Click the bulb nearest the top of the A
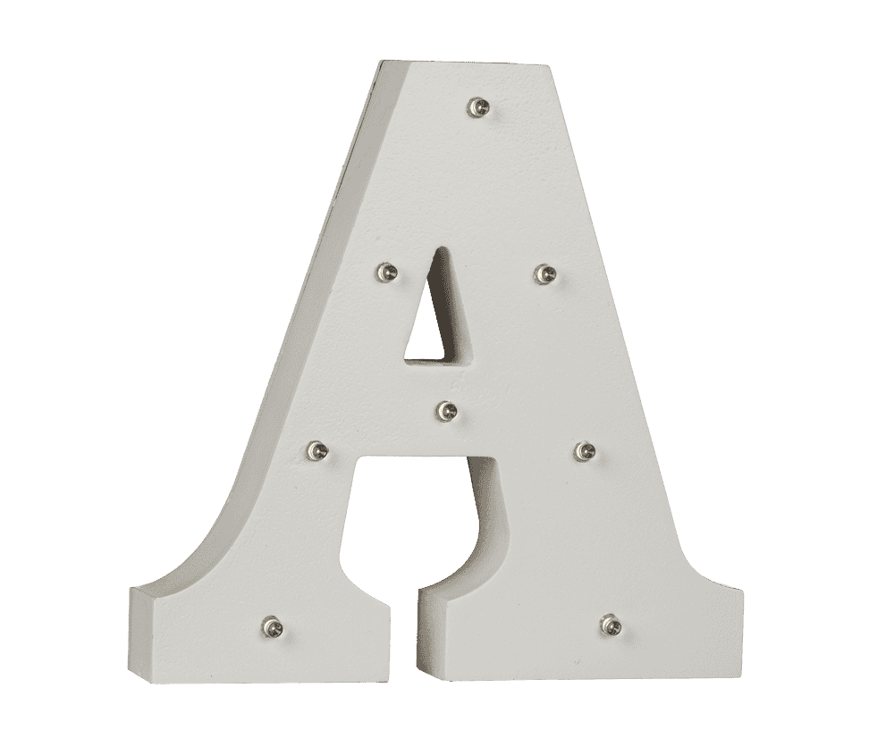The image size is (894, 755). tap(479, 108)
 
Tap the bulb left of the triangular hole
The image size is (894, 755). tap(385, 270)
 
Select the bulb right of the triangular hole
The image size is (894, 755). tap(543, 273)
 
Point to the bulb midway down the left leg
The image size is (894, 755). tap(316, 449)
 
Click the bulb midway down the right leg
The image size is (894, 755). tap(585, 449)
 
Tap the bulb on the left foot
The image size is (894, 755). tap(271, 625)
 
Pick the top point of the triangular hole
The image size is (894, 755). tap(436, 249)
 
